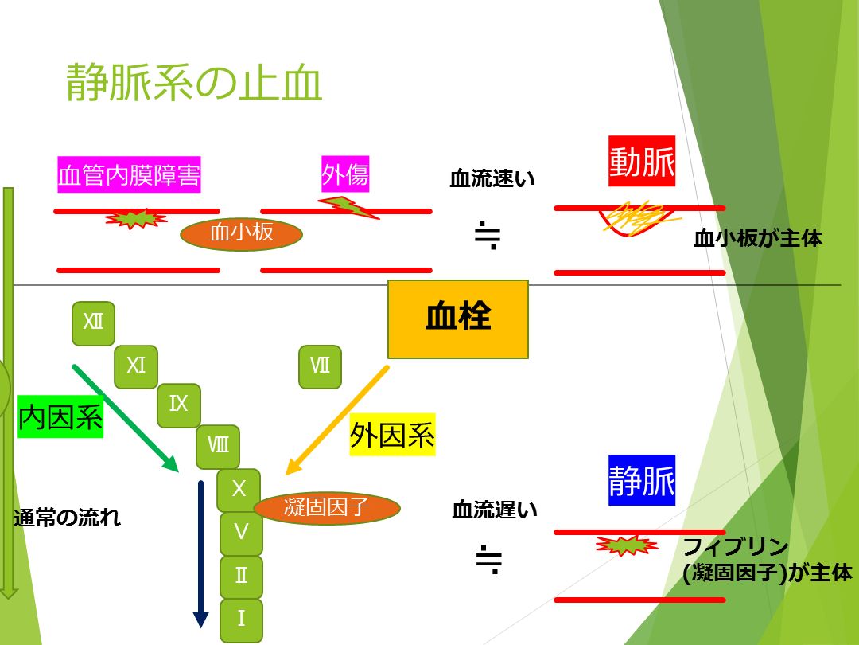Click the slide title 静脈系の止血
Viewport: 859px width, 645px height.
(194, 83)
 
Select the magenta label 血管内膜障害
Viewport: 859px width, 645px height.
(129, 174)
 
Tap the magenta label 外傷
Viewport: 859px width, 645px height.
(345, 173)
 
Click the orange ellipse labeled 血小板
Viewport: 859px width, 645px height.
(242, 234)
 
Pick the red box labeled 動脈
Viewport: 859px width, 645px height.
(642, 162)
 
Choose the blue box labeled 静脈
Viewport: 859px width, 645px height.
(642, 480)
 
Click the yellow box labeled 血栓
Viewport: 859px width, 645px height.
(458, 319)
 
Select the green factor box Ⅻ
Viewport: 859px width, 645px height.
(93, 323)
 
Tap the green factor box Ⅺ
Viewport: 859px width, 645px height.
(136, 366)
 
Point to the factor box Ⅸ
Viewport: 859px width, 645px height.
(179, 405)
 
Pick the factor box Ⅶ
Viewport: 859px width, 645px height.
(320, 366)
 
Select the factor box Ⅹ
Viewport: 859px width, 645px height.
(239, 489)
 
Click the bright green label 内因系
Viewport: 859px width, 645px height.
(61, 416)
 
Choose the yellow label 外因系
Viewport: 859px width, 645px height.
(392, 435)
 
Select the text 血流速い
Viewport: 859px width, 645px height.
(492, 178)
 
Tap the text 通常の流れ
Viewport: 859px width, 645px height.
(68, 518)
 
